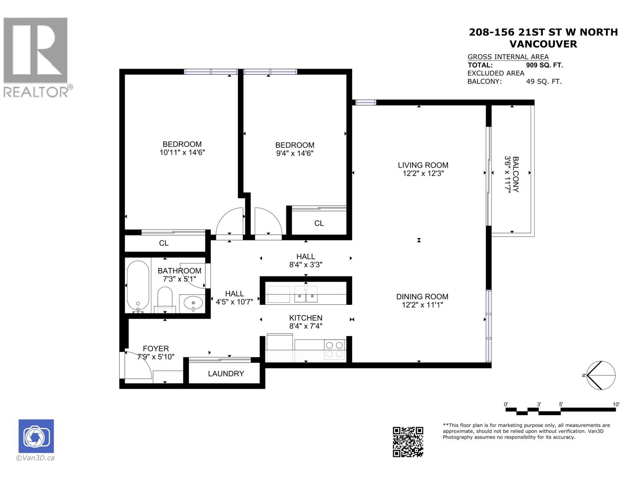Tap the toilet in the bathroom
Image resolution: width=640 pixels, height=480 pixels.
(164, 298)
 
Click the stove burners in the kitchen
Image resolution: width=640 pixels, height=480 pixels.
(334, 349)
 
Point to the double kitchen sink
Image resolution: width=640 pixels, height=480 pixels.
(306, 296)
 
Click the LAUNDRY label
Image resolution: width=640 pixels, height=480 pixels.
(226, 373)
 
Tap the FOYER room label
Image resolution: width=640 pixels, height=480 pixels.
(156, 348)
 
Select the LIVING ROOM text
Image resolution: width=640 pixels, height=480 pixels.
(423, 165)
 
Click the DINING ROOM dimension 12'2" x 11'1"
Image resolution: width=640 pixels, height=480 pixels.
(422, 305)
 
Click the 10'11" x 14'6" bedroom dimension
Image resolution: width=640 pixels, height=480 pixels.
(182, 152)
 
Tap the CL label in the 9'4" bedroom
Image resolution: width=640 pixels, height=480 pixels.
(319, 223)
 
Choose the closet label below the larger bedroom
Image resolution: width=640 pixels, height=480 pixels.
(164, 243)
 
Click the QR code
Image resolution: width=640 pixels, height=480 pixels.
(408, 442)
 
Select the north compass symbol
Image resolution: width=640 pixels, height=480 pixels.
(600, 375)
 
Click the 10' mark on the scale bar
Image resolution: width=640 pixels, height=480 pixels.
(616, 404)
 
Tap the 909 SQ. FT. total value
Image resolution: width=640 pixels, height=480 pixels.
(544, 65)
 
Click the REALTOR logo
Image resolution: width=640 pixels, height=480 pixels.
(37, 56)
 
